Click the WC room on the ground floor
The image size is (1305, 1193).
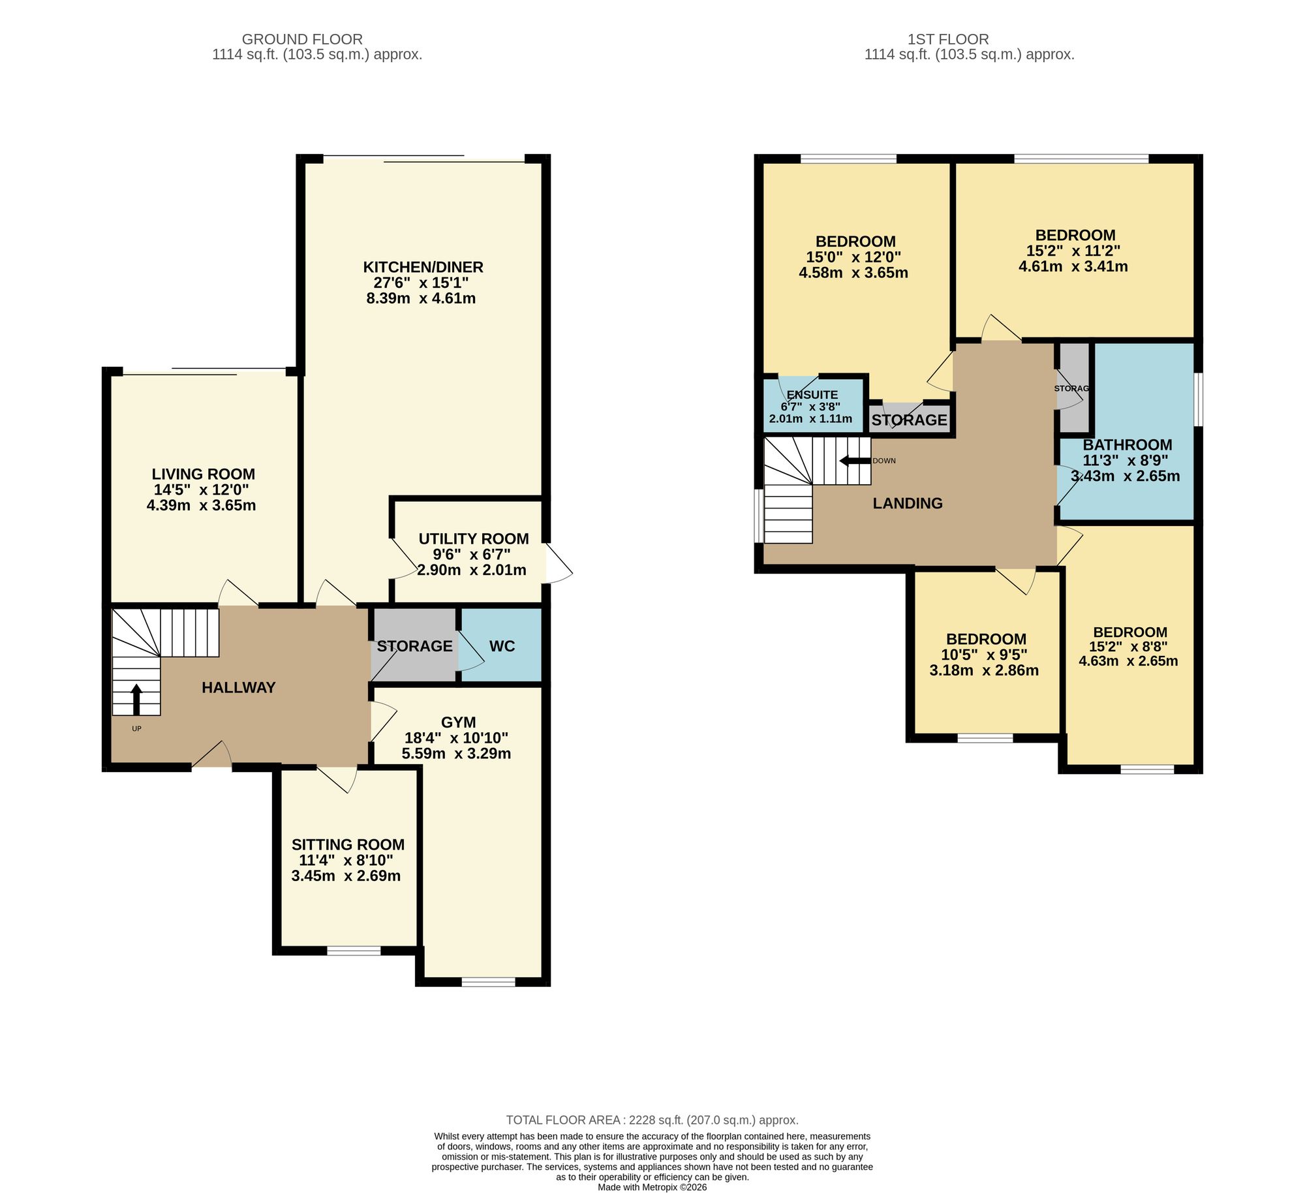coord(502,645)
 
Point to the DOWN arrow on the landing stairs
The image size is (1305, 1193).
coord(855,461)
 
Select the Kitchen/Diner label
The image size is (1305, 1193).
coord(423,267)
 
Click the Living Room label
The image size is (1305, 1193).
coord(204,474)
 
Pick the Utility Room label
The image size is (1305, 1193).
coord(474,538)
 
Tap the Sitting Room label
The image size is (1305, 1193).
coord(348,844)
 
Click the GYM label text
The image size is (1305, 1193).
coord(459,722)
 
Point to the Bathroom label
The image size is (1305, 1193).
coord(1128,444)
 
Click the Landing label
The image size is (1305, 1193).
coord(908,503)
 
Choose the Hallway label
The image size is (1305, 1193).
coord(239,687)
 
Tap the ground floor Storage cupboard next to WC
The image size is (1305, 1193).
coord(414,645)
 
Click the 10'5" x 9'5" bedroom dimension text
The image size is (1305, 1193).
coord(984,655)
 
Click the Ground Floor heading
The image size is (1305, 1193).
coord(302,39)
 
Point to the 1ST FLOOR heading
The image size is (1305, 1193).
coord(948,39)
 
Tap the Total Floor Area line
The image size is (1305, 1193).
coord(652,1120)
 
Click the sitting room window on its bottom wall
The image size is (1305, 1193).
coord(354,951)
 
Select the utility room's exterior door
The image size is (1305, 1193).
coord(559,563)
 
